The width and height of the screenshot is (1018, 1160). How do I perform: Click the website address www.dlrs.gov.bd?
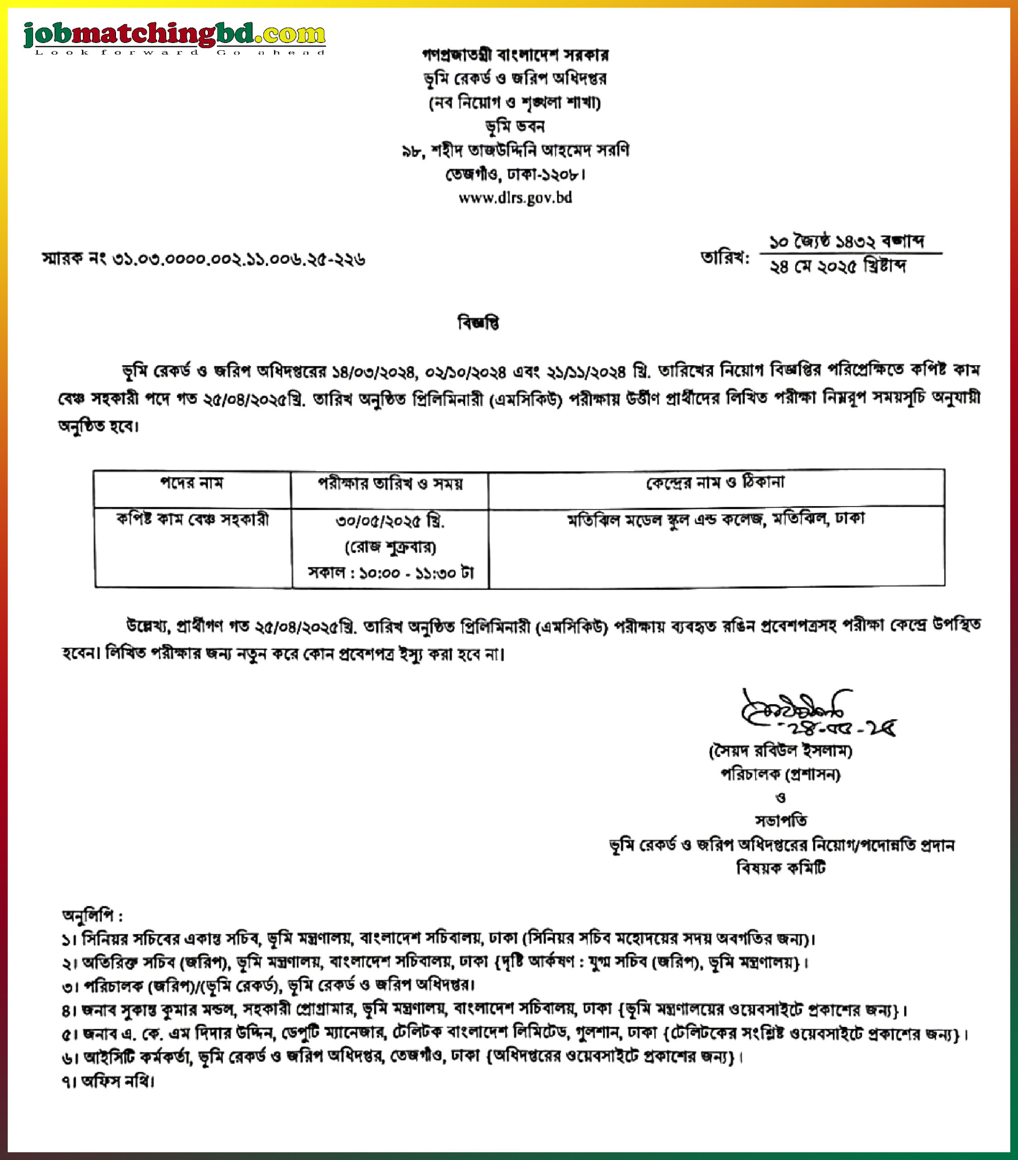pos(515,198)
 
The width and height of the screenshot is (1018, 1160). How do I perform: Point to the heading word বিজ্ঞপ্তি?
pos(478,323)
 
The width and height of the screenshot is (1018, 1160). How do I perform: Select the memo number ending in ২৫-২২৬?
pos(204,259)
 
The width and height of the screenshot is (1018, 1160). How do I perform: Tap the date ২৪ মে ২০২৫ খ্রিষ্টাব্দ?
pos(837,266)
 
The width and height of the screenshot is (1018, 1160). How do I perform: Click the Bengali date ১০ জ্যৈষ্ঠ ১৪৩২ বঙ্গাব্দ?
pos(846,241)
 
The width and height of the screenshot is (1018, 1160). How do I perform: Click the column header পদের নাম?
pos(192,483)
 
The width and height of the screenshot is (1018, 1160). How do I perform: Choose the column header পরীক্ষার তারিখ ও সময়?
pos(390,483)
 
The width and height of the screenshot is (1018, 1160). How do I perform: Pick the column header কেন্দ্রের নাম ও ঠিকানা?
pos(715,483)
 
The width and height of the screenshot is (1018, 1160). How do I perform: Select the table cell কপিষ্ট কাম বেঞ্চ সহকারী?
pos(193,519)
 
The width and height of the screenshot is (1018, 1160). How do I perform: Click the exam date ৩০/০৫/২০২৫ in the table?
pos(390,521)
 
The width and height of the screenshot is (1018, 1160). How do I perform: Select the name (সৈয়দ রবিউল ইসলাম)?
pos(780,751)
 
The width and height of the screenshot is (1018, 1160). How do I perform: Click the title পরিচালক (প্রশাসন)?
pos(780,774)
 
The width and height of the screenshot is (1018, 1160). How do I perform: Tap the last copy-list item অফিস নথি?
pos(108,1081)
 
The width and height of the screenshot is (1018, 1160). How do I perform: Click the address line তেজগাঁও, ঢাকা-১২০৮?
pos(515,174)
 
